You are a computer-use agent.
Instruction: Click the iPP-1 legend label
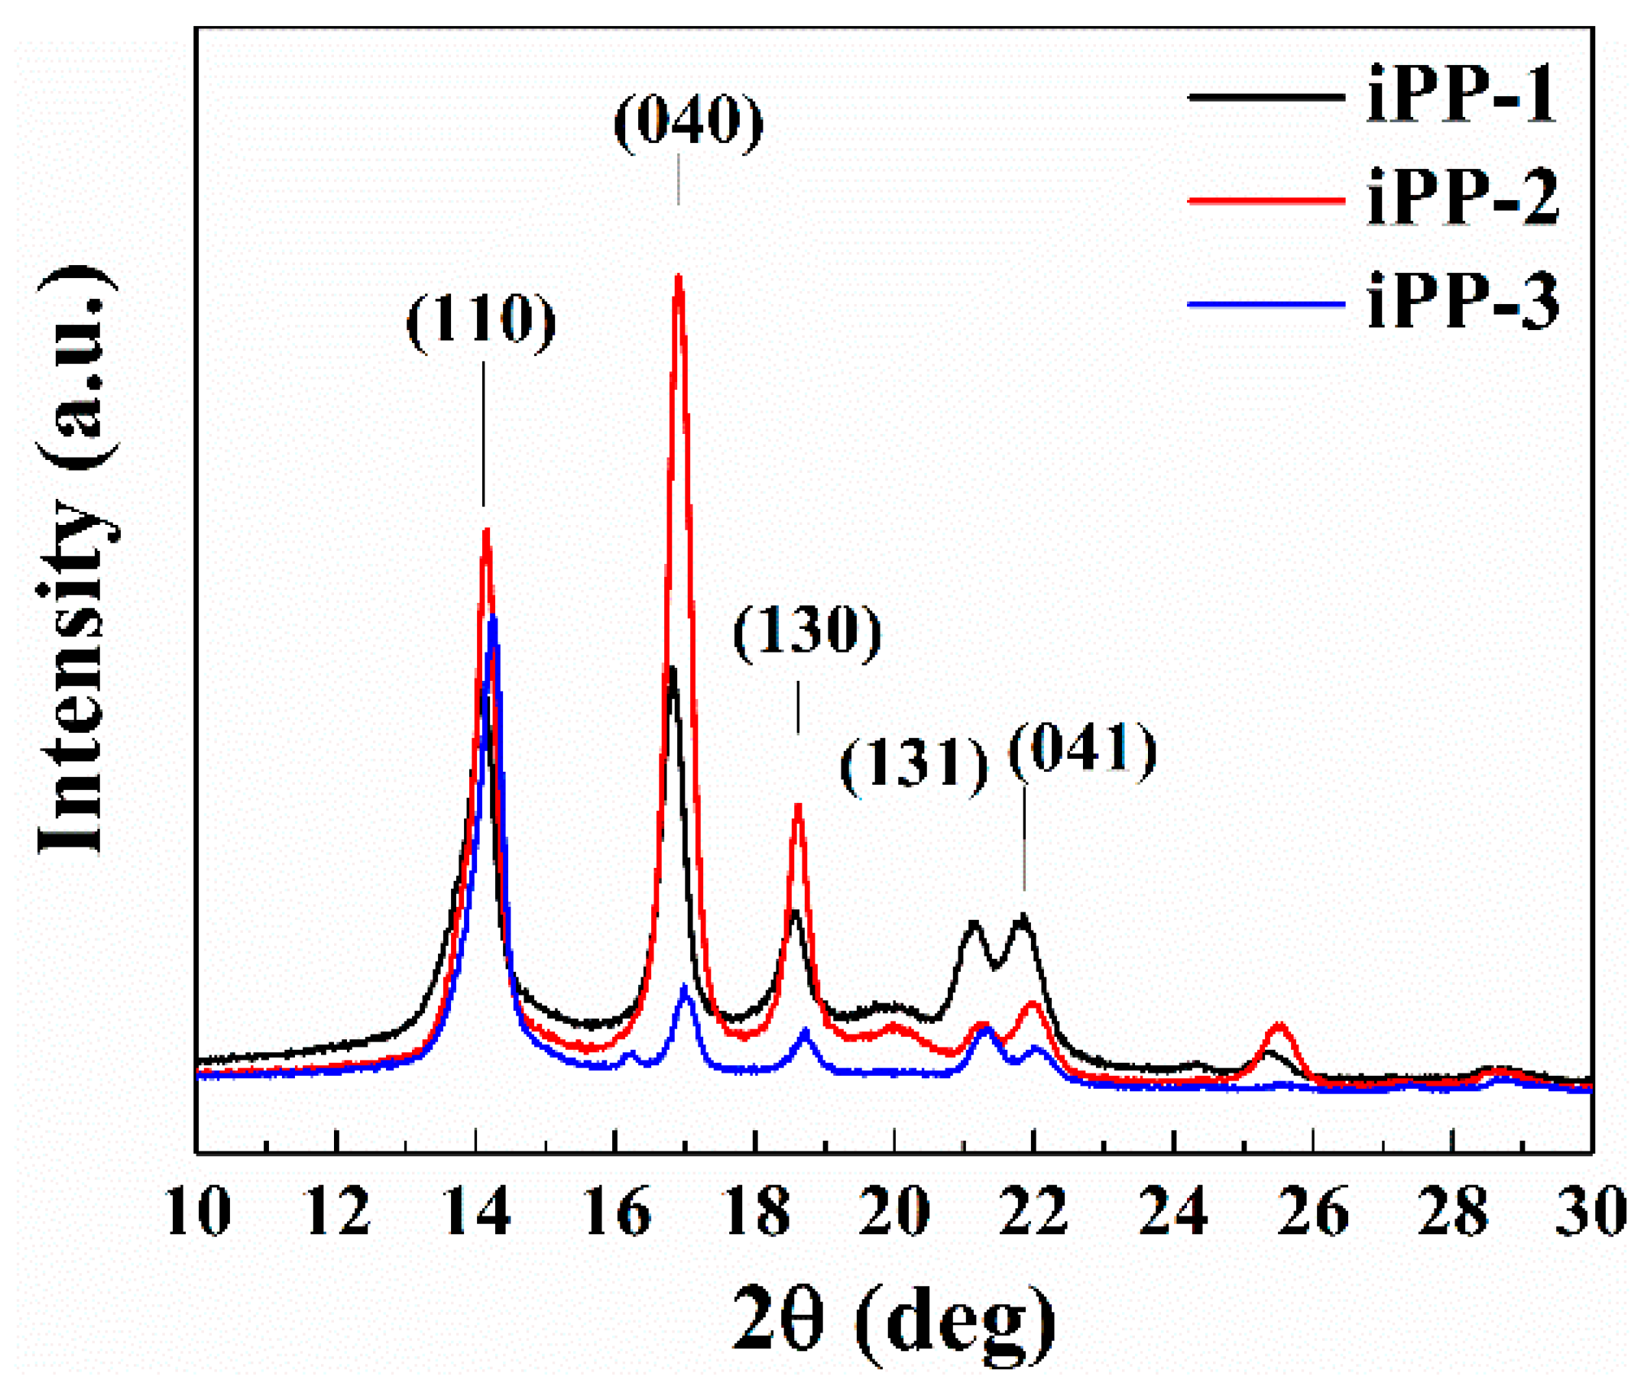(1461, 96)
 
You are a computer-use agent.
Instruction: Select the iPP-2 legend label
(1461, 199)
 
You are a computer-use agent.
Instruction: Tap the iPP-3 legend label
(1461, 303)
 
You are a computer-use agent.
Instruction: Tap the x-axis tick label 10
(198, 1212)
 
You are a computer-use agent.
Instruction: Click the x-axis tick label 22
(1033, 1212)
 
